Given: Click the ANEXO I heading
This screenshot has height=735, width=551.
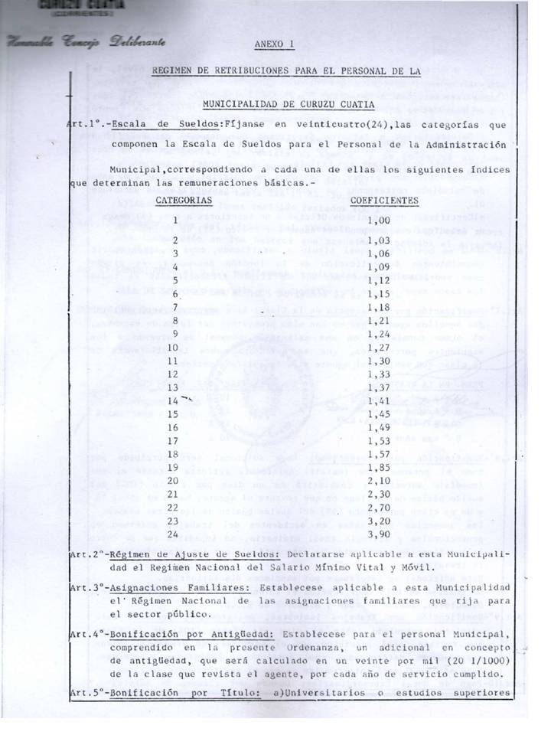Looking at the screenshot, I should click(x=273, y=44).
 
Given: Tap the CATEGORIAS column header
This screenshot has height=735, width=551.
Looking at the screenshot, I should click(x=184, y=200).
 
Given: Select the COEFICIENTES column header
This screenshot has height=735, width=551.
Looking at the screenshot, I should click(x=384, y=201).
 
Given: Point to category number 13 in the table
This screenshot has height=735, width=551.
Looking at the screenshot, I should click(x=172, y=387).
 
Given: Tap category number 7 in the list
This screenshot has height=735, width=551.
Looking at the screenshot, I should click(x=174, y=305).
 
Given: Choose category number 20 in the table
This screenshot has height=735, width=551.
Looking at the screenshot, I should click(x=172, y=480).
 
